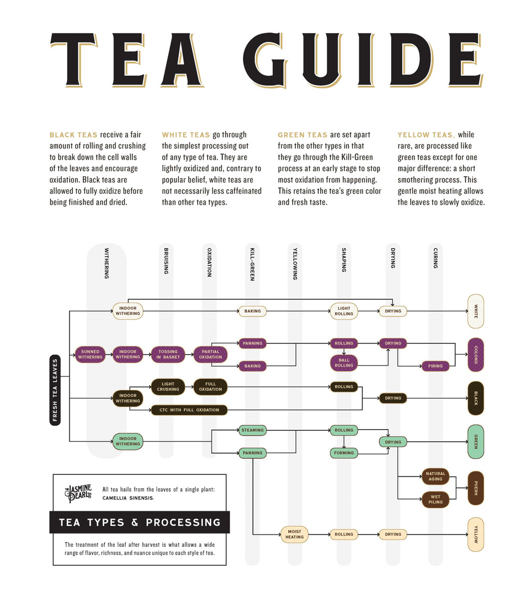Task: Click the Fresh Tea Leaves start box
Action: point(55,389)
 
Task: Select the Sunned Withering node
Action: point(90,354)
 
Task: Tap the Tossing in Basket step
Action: point(167,354)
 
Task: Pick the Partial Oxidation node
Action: point(210,354)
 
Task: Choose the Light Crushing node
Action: point(167,386)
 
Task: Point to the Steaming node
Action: point(252,430)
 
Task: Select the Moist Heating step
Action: point(294,534)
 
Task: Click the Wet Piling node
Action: point(436,499)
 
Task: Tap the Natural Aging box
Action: point(436,476)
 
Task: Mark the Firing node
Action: point(436,366)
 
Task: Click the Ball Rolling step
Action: point(344,363)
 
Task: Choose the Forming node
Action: point(344,453)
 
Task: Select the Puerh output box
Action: point(476,488)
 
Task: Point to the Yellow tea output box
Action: point(476,534)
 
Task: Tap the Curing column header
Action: point(436,258)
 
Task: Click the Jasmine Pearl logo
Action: point(79,493)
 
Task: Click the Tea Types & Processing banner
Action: point(140,522)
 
